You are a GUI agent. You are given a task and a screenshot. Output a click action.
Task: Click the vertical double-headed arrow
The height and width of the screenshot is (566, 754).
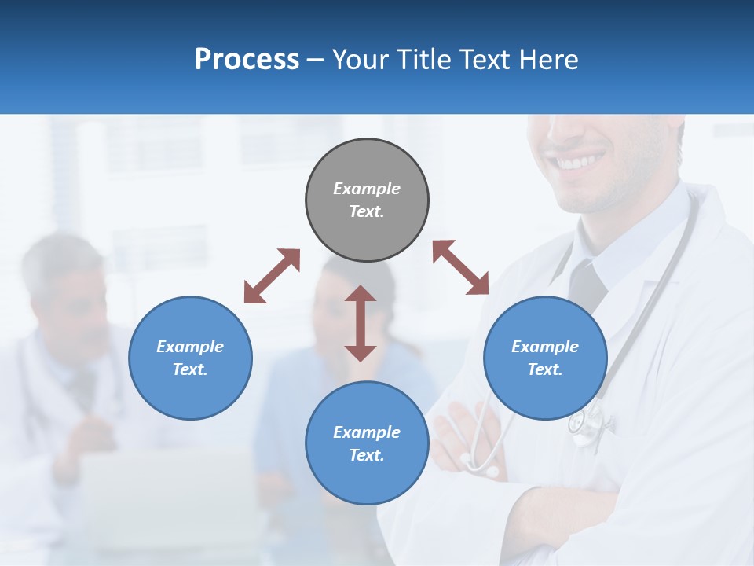coord(361,323)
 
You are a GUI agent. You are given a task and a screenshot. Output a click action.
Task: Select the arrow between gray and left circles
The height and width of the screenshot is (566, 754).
coord(272,276)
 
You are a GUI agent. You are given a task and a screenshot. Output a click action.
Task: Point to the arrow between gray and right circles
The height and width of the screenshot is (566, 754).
coord(460,267)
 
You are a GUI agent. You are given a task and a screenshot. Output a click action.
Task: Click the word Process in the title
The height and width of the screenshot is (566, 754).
coord(247,59)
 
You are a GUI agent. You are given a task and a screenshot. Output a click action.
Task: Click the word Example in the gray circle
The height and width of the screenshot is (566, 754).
coord(367,189)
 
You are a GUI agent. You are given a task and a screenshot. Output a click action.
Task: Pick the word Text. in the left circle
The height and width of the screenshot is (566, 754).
coord(190,369)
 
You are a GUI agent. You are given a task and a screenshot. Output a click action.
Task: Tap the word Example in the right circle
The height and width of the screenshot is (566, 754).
coord(545,347)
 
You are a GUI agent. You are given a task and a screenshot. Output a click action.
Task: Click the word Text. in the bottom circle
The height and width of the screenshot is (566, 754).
coord(367,455)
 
